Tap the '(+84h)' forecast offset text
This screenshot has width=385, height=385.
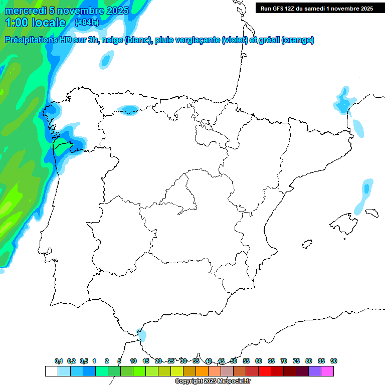tap(87, 23)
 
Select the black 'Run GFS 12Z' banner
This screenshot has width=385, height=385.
tap(316, 8)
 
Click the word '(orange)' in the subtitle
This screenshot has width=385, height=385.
tap(298, 40)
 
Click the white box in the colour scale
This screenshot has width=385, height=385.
tap(51, 371)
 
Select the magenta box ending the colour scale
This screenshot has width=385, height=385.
tap(327, 371)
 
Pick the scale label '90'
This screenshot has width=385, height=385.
tap(333, 361)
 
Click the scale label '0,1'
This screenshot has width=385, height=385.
tap(59, 361)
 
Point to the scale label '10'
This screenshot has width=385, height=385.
tap(133, 361)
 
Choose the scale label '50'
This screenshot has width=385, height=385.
tap(234, 361)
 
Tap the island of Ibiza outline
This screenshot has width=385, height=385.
tap(307, 245)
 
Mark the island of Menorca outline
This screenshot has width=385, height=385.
tap(371, 213)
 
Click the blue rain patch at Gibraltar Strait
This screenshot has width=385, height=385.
tap(142, 335)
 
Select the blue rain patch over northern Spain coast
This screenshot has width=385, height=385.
tap(128, 109)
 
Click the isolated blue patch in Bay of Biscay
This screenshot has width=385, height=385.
tap(105, 60)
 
